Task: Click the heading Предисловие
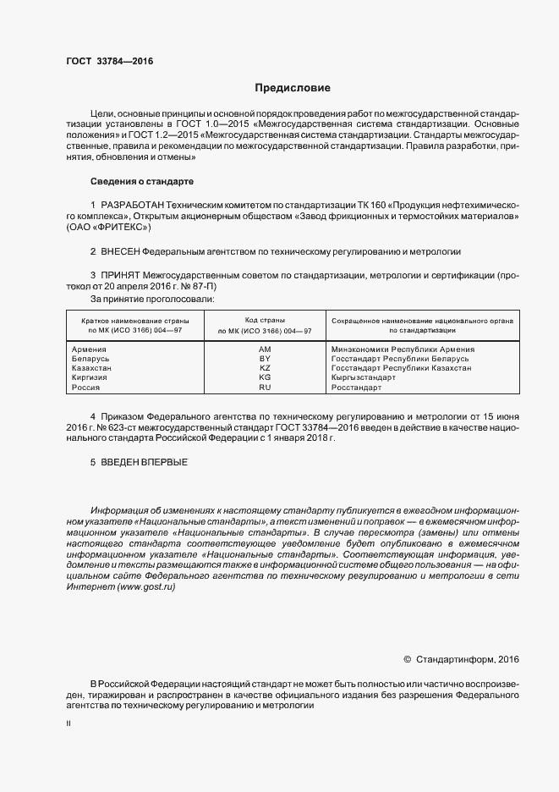tap(293, 88)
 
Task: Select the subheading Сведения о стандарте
tap(142, 182)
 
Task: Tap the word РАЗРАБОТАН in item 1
tap(132, 206)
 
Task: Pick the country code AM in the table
tap(265, 349)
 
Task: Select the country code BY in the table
tap(265, 359)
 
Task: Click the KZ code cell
tap(265, 368)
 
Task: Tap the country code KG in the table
tap(265, 377)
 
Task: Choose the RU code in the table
tap(265, 387)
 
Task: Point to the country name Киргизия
tap(90, 377)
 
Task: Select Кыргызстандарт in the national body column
tap(364, 377)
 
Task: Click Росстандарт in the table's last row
tap(357, 387)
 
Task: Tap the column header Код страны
tap(265, 320)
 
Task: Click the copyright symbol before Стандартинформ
tap(407, 658)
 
